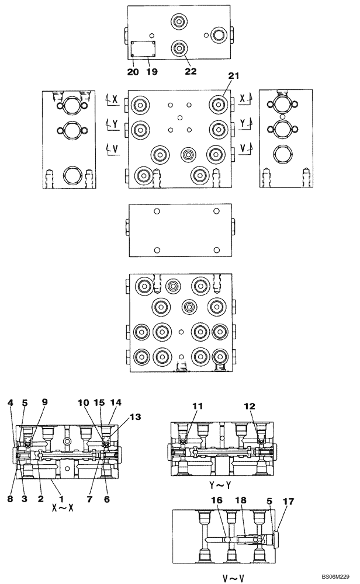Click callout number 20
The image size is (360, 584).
[x=133, y=72]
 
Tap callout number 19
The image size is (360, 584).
[x=151, y=72]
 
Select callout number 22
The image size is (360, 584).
[x=190, y=72]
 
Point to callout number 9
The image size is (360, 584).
[x=44, y=402]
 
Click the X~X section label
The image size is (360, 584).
[x=63, y=509]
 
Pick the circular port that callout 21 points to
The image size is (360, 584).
[x=219, y=105]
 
